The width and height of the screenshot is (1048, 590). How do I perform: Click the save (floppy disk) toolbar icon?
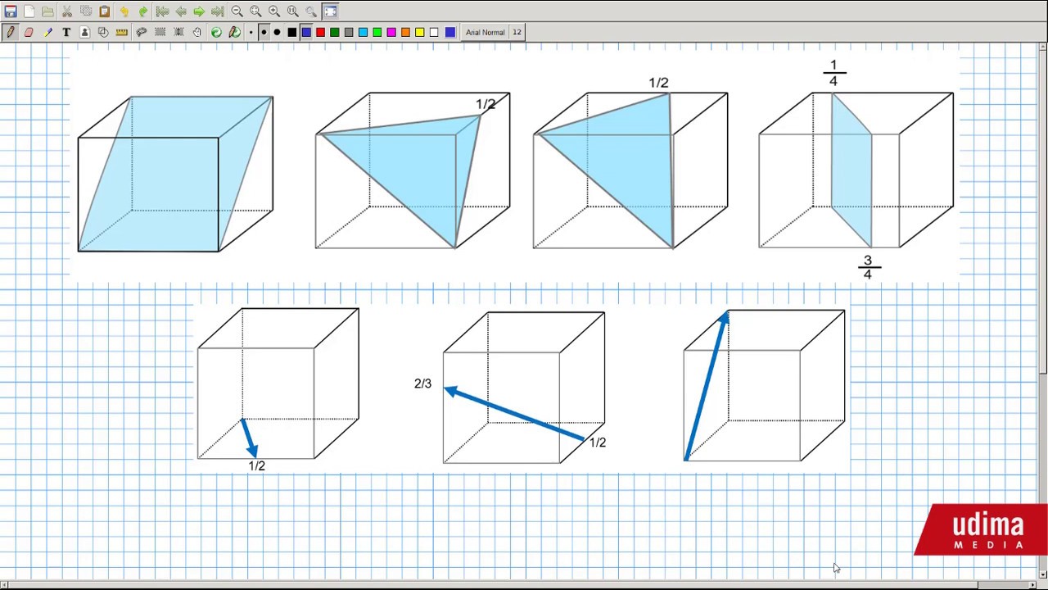point(11,11)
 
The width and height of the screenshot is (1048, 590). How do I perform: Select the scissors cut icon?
point(67,11)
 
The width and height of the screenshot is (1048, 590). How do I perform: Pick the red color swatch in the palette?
point(320,32)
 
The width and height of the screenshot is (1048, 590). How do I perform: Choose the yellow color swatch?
point(420,32)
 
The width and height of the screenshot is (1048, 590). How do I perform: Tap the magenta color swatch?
point(391,32)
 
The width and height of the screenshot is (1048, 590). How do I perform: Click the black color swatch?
point(292,32)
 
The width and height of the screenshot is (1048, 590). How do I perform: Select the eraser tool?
point(29,32)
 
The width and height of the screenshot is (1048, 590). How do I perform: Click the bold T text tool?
point(66,32)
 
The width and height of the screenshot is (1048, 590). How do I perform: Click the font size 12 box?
point(517,32)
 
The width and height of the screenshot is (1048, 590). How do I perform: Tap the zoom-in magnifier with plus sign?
point(274,11)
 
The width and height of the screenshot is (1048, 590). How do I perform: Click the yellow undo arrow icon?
point(124,11)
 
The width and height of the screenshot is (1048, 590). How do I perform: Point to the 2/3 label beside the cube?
point(423,383)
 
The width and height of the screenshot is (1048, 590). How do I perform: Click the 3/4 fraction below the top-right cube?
point(869,267)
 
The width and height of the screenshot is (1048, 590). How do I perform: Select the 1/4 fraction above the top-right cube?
point(833,73)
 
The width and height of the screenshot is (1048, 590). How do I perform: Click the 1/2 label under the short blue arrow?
point(256,466)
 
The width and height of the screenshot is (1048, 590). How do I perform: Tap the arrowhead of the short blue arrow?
point(252,451)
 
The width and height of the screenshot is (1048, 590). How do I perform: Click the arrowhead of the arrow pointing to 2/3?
point(450,391)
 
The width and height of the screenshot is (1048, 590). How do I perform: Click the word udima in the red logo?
point(988,525)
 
